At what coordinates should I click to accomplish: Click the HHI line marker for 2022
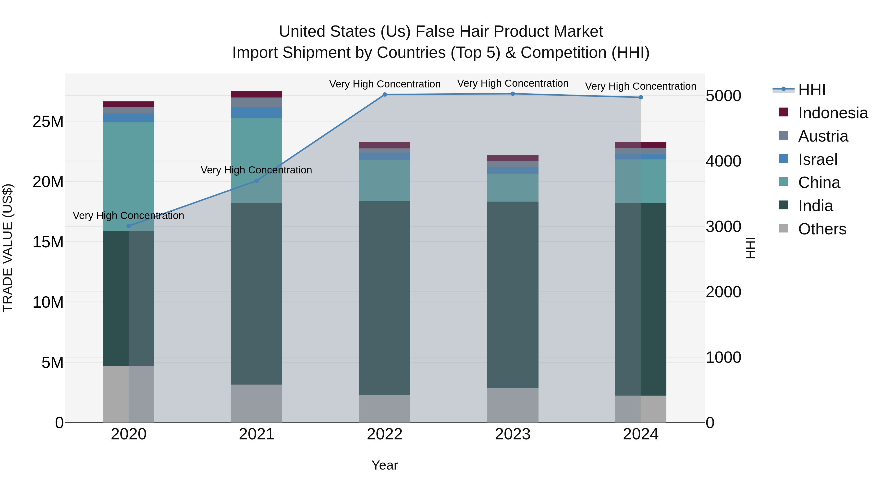[x=384, y=95]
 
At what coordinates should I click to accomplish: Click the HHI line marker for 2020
[x=129, y=226]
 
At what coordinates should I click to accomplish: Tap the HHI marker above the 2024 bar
[x=641, y=97]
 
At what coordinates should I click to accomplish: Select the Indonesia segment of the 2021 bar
[x=257, y=94]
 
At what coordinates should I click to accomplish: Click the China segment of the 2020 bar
[x=129, y=176]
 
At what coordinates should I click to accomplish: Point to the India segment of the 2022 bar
[x=384, y=298]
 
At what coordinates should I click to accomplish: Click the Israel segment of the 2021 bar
[x=257, y=113]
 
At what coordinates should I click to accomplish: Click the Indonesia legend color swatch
[x=784, y=112]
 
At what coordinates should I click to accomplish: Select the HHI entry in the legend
[x=811, y=90]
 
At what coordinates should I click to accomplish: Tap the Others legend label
[x=822, y=229]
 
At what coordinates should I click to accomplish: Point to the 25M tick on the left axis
[x=48, y=121]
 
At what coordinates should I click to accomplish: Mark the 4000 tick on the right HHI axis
[x=723, y=161]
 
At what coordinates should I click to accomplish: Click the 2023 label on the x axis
[x=513, y=434]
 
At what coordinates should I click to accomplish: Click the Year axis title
[x=384, y=465]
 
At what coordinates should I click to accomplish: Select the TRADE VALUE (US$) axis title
[x=8, y=248]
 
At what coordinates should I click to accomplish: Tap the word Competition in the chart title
[x=563, y=53]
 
